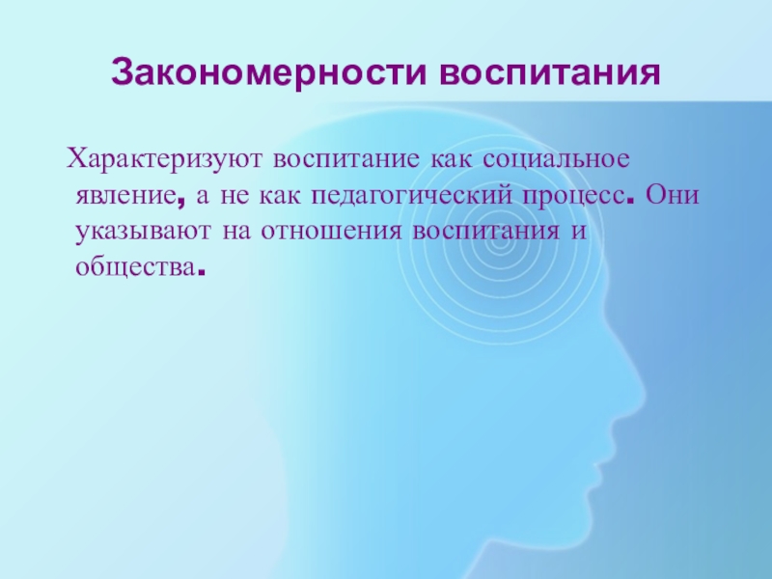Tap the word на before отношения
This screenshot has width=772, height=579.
tap(234, 234)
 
